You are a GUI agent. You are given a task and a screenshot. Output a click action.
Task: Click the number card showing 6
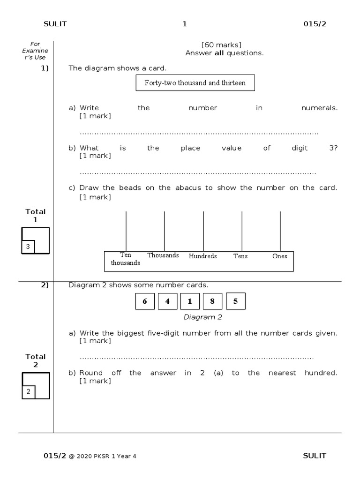point(145,301)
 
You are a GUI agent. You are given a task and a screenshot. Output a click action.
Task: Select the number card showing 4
point(168,301)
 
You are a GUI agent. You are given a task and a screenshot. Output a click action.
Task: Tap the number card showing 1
point(190,301)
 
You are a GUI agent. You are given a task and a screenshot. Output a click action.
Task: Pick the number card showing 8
point(212,301)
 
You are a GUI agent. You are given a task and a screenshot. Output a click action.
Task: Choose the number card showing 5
point(235,301)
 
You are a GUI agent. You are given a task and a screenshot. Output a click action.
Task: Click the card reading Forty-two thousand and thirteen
point(195,83)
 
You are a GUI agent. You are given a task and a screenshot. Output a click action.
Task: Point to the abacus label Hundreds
point(202,256)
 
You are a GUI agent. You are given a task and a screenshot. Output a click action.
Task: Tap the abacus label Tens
point(240,256)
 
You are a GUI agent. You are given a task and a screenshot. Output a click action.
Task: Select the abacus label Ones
point(280,256)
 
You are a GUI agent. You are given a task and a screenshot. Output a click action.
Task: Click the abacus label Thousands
point(163,255)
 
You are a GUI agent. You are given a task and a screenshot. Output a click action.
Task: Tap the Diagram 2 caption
point(202,317)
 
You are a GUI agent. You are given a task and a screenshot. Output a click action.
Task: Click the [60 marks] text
point(221,45)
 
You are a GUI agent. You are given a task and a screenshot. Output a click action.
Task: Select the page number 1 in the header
point(185,24)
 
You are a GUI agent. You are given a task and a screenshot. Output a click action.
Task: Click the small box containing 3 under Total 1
point(28,247)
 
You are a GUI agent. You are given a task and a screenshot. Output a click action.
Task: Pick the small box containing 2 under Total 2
point(28,392)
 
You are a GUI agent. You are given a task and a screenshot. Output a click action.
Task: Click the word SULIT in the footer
point(315,456)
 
